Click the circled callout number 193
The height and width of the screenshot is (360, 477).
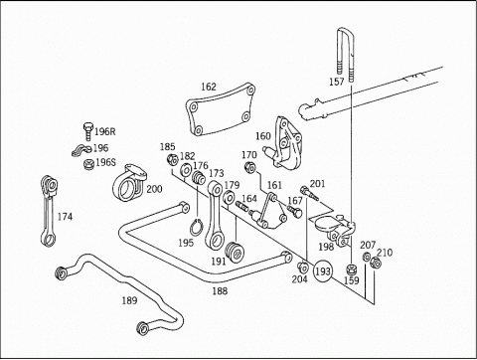coord(323,270)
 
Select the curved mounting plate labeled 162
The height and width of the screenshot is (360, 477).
coord(221,108)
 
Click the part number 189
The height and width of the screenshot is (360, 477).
coord(129,300)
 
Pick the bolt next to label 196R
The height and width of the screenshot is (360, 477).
coord(87,131)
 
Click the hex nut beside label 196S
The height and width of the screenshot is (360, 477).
coord(88,164)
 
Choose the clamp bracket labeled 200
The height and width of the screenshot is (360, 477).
coord(129,183)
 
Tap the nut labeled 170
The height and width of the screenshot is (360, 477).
coord(249,168)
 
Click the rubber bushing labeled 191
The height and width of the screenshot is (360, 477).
coord(235,253)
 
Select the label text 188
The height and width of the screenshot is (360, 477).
coord(220,291)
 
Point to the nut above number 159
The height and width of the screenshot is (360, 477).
coord(351,269)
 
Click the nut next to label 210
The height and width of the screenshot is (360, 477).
coord(376,263)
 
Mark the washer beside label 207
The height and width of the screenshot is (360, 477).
coord(367,257)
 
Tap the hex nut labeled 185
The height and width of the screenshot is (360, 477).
coord(173,160)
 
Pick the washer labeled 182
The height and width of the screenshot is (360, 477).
coord(185,170)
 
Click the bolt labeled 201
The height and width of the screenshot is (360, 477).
coord(309,193)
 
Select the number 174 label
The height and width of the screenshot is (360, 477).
coord(65,217)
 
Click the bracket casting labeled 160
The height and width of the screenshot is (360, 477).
coord(283,143)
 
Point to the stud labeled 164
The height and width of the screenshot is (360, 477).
coord(242,207)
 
